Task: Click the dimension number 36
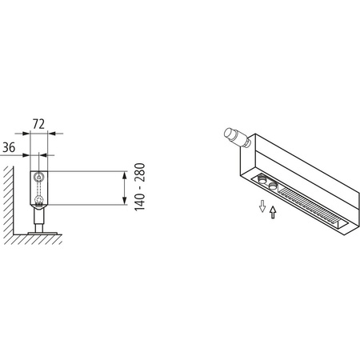(10, 148)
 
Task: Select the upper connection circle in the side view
(37, 176)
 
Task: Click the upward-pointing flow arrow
(274, 212)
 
